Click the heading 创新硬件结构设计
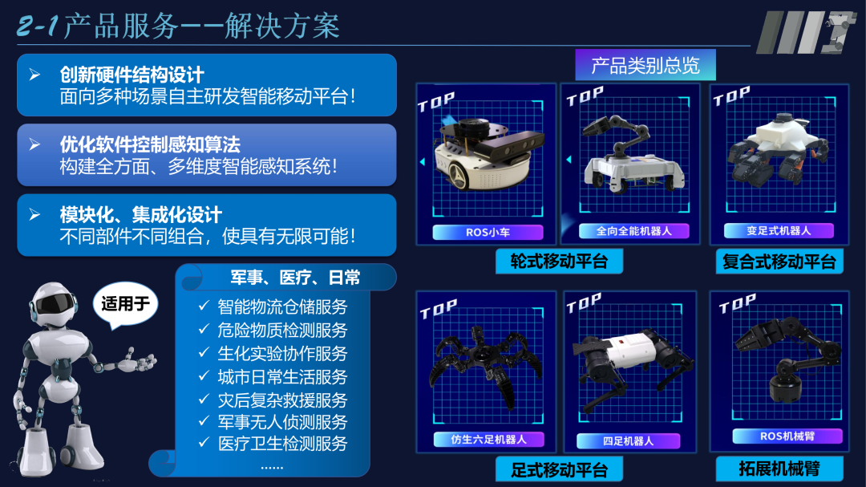click(132, 75)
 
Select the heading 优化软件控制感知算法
click(150, 144)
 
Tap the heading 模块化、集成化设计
click(141, 215)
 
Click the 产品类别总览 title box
click(645, 65)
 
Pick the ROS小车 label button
click(488, 233)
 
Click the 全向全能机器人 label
click(633, 230)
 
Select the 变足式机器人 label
click(779, 230)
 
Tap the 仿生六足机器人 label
click(488, 439)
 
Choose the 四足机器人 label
click(628, 440)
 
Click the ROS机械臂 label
click(787, 436)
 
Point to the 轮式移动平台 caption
click(560, 261)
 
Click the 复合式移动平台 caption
click(779, 262)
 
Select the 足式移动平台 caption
click(560, 469)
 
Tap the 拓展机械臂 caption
click(779, 468)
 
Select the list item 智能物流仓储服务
click(282, 306)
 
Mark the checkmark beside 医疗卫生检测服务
click(204, 443)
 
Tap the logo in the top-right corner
click(803, 33)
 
